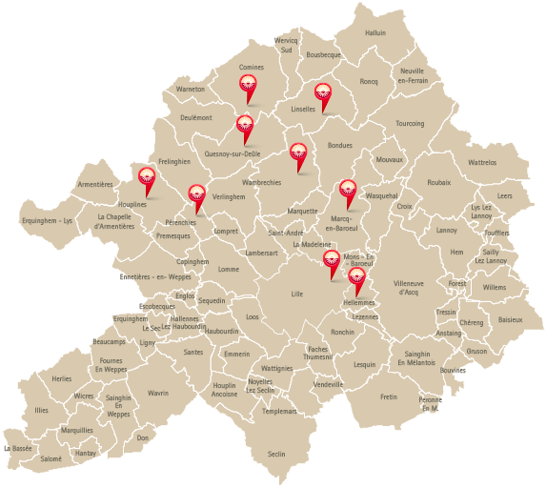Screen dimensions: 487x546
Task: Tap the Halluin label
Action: pos(375,32)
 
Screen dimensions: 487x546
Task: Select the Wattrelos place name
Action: pos(482,163)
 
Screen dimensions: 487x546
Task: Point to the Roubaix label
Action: pos(439,182)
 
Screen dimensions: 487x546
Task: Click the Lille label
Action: pos(296,294)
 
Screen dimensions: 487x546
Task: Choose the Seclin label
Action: pos(276,454)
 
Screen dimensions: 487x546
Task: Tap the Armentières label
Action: pos(95,184)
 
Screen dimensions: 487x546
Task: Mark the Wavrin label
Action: pos(157,393)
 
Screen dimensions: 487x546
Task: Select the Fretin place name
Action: pos(388,396)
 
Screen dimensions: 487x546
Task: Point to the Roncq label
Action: pos(369,82)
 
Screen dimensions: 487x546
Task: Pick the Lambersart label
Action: pos(261,253)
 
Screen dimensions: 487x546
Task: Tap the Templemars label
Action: pos(279,411)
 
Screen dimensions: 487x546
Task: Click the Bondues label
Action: pos(339,146)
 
